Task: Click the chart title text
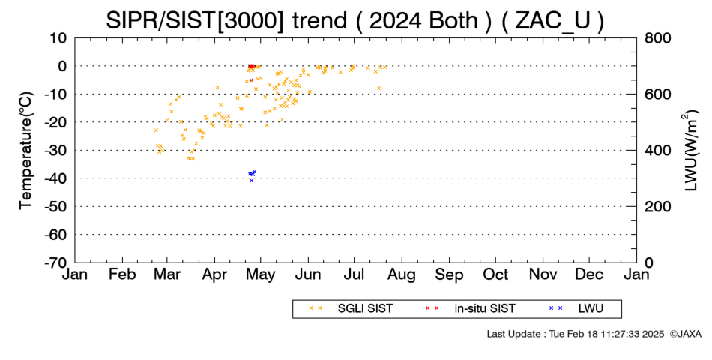pyautogui.click(x=355, y=20)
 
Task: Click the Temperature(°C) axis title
pyautogui.click(x=26, y=151)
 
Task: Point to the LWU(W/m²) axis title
pyautogui.click(x=690, y=151)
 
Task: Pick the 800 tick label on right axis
pyautogui.click(x=657, y=38)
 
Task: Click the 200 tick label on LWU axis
pyautogui.click(x=657, y=206)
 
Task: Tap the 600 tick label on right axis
pyautogui.click(x=657, y=94)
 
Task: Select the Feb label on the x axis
pyautogui.click(x=122, y=274)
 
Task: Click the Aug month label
pyautogui.click(x=402, y=274)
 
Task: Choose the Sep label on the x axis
pyautogui.click(x=449, y=274)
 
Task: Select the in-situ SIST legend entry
pyautogui.click(x=470, y=309)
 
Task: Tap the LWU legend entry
pyautogui.click(x=576, y=309)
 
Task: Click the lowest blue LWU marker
pyautogui.click(x=251, y=181)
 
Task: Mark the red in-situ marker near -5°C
pyautogui.click(x=251, y=80)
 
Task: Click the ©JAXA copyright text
pyautogui.click(x=685, y=334)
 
